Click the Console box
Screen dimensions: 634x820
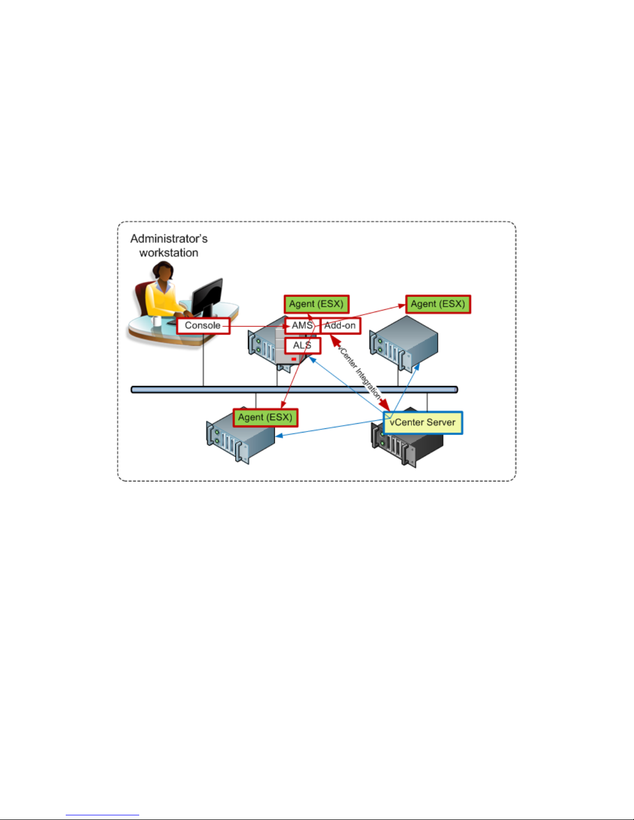coord(203,325)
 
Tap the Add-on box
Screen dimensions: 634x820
coord(340,325)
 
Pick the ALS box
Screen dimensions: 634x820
coord(303,345)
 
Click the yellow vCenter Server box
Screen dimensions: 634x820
coord(423,423)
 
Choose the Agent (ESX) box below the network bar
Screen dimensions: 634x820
coord(266,418)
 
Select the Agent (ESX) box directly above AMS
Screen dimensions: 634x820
coord(316,304)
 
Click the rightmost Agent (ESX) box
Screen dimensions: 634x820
coord(438,304)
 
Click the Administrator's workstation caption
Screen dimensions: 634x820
coord(169,246)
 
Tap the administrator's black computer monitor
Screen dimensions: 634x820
coord(207,298)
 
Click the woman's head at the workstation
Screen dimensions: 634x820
coord(164,271)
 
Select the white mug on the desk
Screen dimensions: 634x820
coord(156,321)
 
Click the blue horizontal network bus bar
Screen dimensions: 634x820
coord(294,390)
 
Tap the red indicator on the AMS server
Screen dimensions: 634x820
coord(293,359)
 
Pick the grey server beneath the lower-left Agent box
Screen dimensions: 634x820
coord(240,438)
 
